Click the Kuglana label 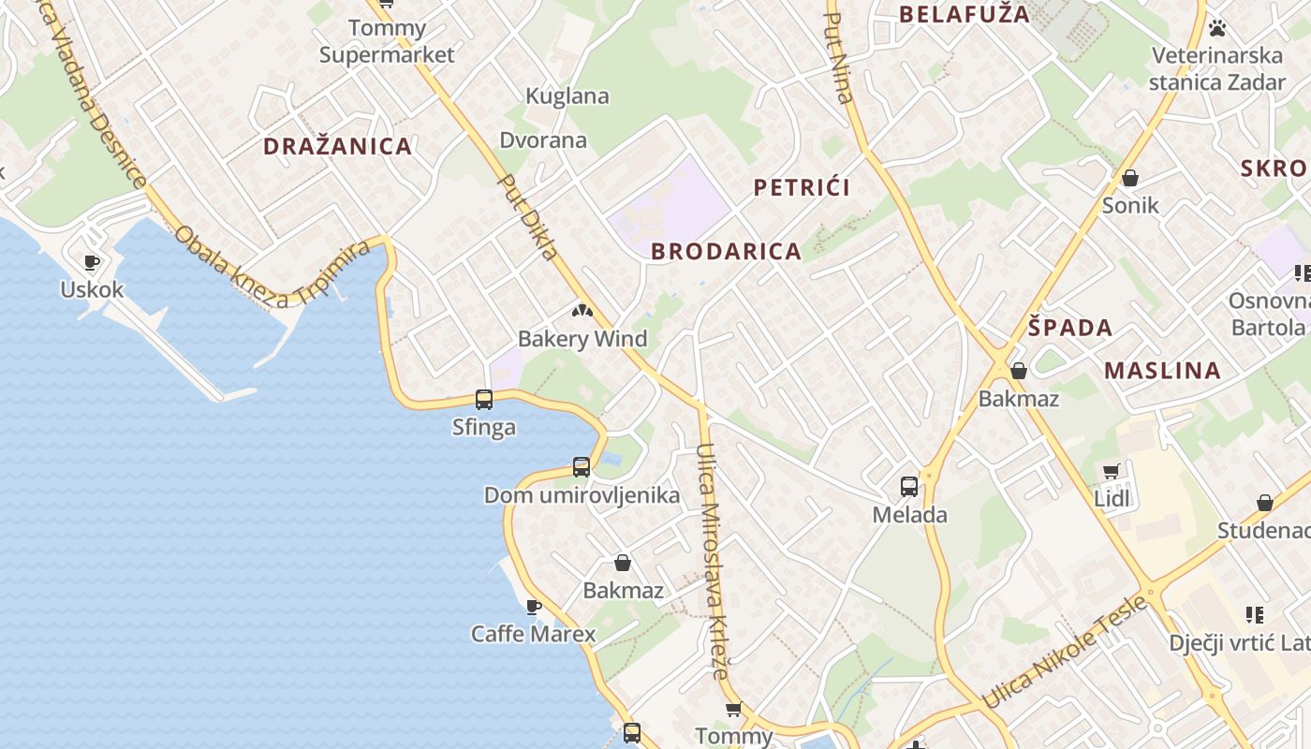pos(567,95)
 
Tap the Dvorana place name pos(543,140)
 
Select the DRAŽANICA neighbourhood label pos(337,146)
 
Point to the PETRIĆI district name pos(802,187)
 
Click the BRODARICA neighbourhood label pos(726,251)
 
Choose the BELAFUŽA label pos(964,14)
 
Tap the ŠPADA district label pos(1070,328)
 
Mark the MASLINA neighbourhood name pos(1162,370)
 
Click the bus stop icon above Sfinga pos(484,400)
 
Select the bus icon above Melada pos(909,486)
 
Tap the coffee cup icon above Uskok pos(91,262)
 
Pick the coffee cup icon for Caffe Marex pos(534,607)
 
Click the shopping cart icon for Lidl pos(1112,471)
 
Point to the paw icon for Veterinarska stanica pos(1217,28)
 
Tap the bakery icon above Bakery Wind pos(582,310)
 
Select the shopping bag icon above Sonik pos(1130,178)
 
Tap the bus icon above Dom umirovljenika pos(582,466)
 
